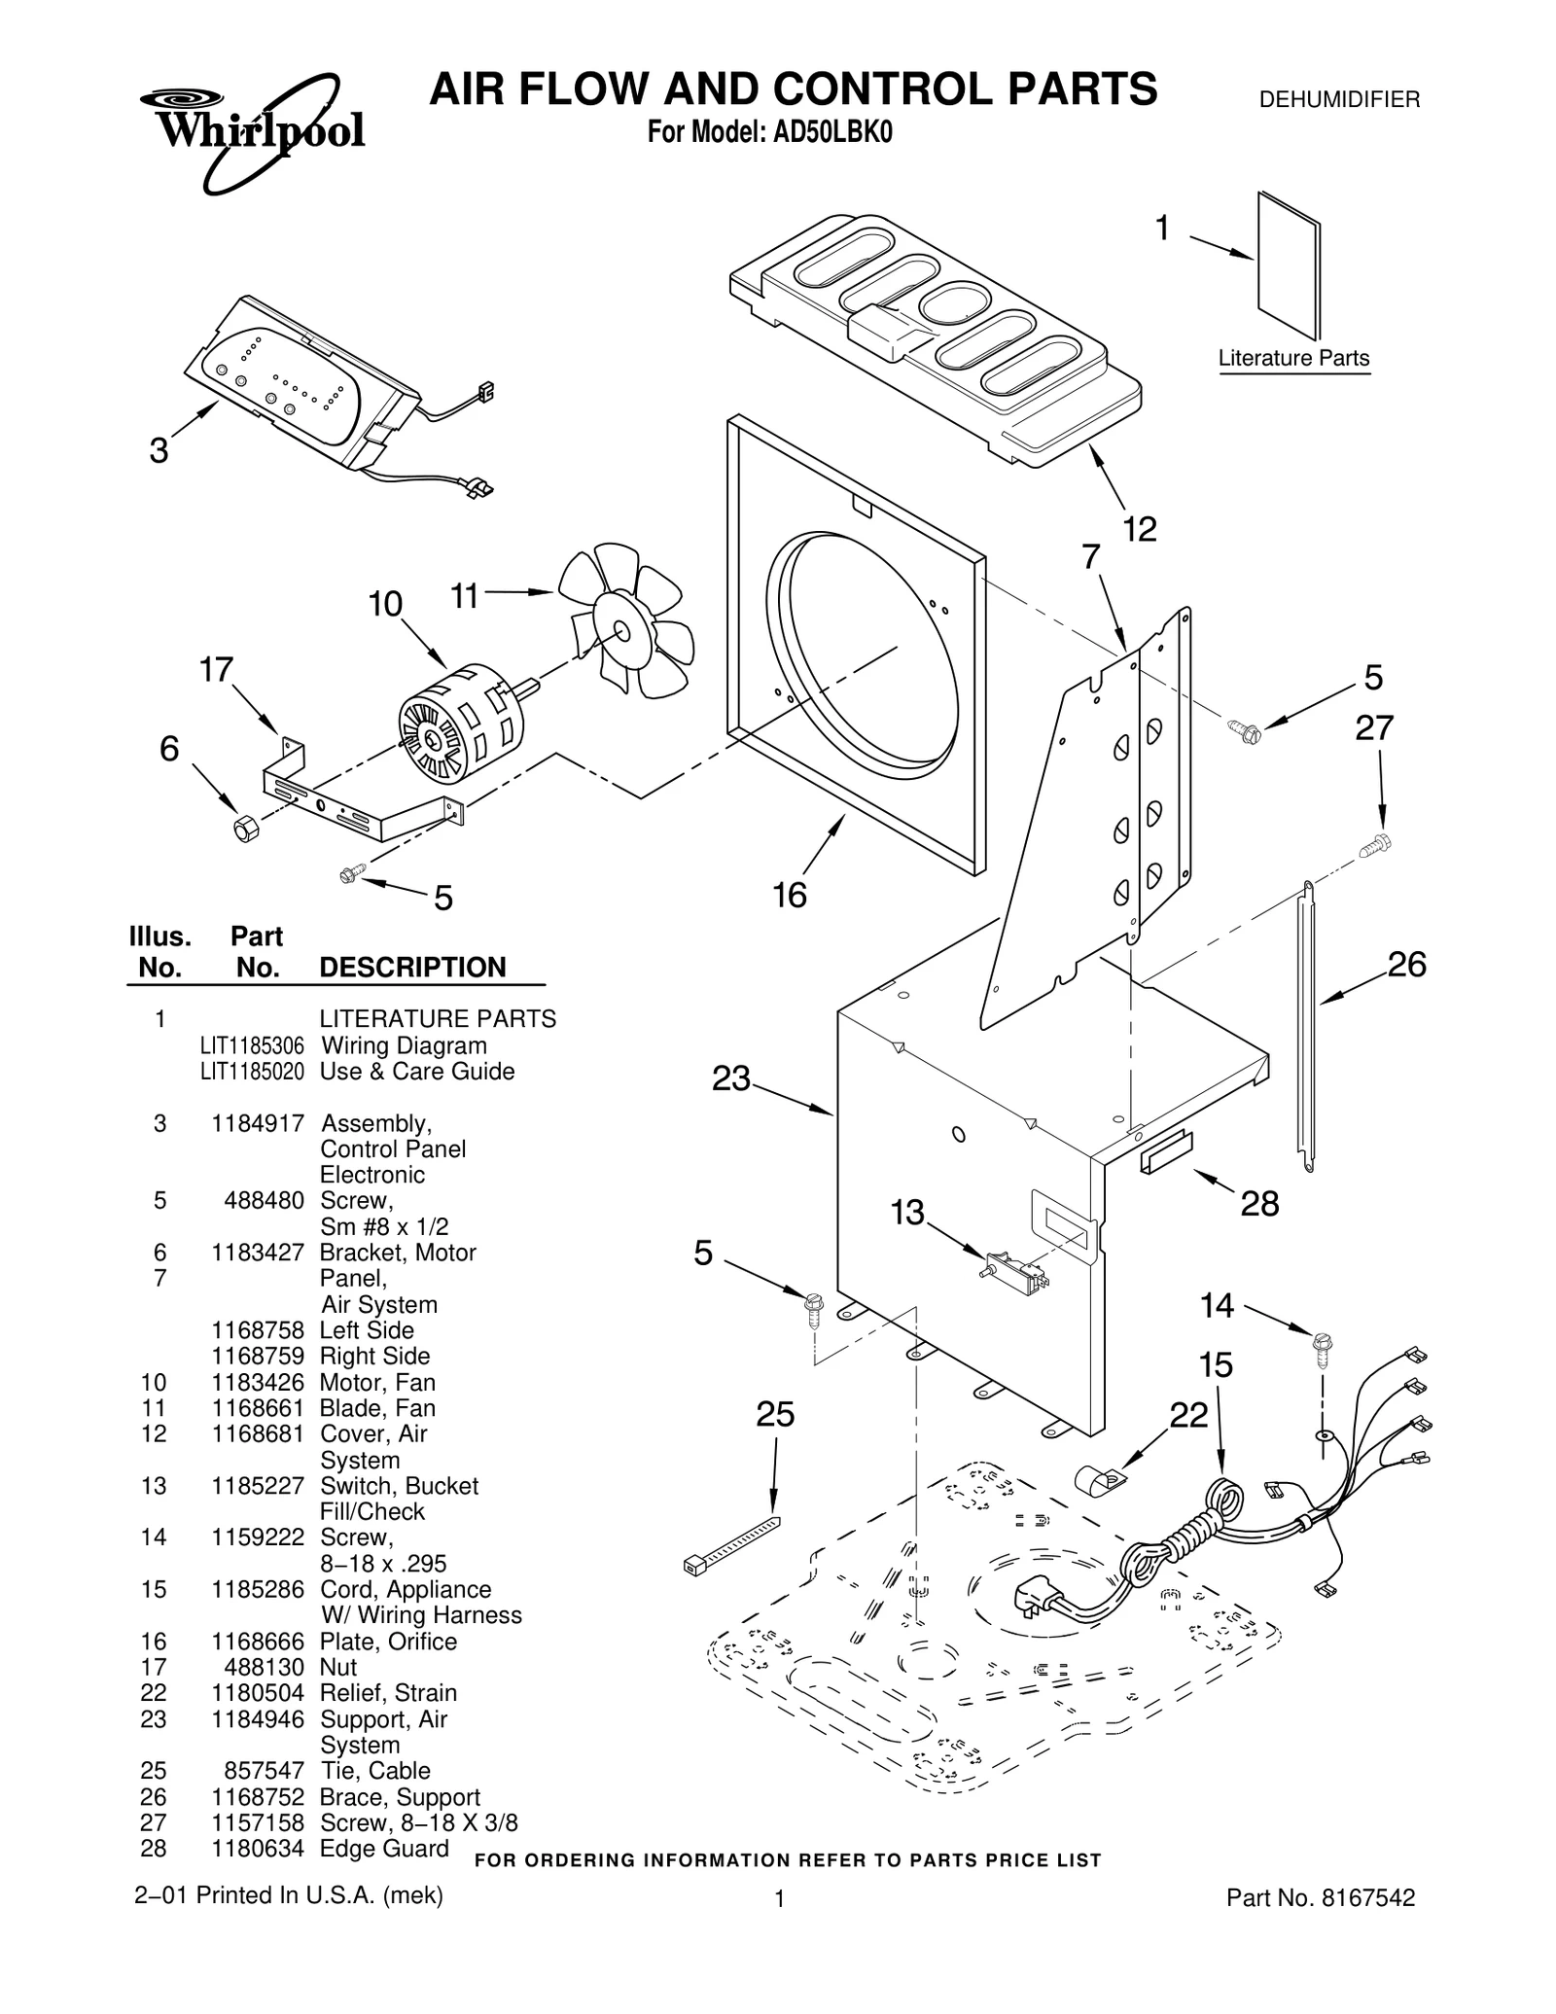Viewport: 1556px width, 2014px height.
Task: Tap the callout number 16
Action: [789, 895]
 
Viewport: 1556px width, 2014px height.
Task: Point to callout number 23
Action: [731, 1078]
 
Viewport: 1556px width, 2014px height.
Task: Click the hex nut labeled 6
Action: [246, 828]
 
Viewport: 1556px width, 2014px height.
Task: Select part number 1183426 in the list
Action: [258, 1382]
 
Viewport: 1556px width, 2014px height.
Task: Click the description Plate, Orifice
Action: [388, 1642]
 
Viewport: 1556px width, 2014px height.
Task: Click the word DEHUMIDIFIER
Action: [1339, 100]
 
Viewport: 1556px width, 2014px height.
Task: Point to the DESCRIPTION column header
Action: [412, 968]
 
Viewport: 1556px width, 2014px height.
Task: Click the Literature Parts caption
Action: [1293, 358]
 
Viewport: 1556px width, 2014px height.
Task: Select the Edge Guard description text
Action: [384, 1849]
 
